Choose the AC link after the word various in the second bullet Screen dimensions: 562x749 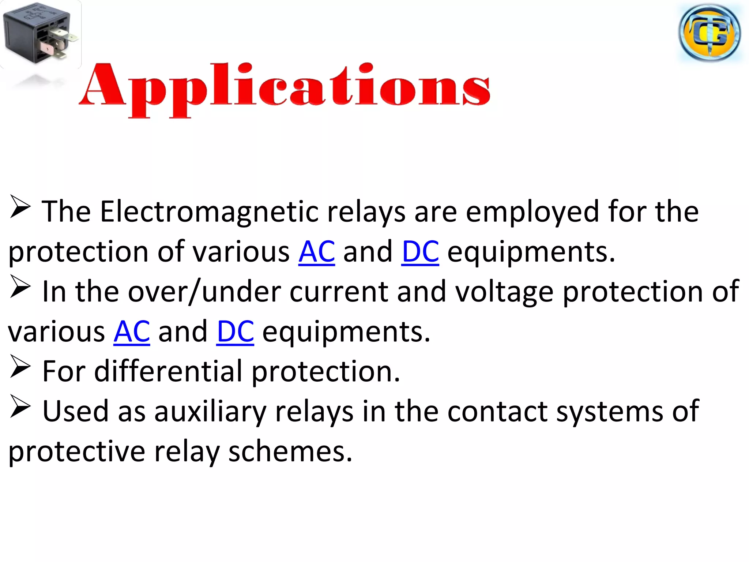pos(132,331)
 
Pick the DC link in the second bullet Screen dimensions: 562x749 pos(235,331)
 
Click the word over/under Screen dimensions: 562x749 pos(204,292)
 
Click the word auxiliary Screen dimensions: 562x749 pos(210,411)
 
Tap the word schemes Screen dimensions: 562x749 pos(290,452)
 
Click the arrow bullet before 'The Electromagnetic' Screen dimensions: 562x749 pos(20,207)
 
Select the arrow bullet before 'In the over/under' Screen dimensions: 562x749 pos(20,286)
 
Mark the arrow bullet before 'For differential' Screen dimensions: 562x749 pos(20,366)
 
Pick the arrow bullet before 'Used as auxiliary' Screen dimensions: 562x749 pos(20,406)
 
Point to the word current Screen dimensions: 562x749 pos(339,292)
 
